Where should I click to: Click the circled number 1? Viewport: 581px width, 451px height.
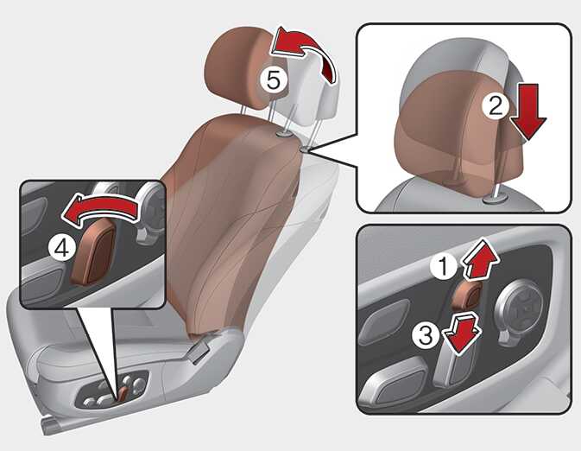(x=443, y=266)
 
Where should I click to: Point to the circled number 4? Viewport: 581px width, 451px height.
(x=61, y=248)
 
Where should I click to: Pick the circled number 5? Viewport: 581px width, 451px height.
(x=274, y=79)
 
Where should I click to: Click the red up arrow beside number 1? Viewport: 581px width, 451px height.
(x=481, y=259)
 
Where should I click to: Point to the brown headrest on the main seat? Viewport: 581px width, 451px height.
(x=241, y=67)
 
